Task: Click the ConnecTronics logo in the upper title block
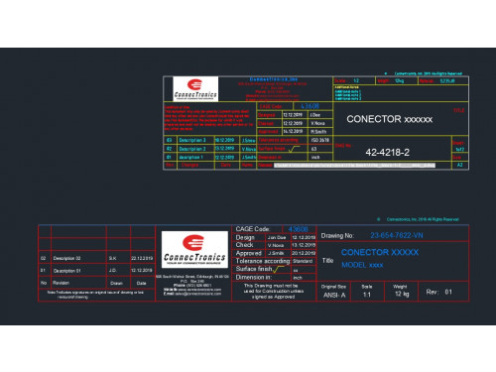[x=194, y=90]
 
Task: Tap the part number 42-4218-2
[x=388, y=153]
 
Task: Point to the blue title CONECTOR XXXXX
[x=378, y=253]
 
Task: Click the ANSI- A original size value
[x=332, y=294]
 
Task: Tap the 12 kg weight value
[x=401, y=294]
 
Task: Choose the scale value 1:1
[x=367, y=294]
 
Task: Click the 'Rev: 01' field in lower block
[x=438, y=293]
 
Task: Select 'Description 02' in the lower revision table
[x=66, y=257]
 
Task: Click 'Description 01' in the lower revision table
[x=66, y=270]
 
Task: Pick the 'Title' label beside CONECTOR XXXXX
[x=327, y=260]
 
